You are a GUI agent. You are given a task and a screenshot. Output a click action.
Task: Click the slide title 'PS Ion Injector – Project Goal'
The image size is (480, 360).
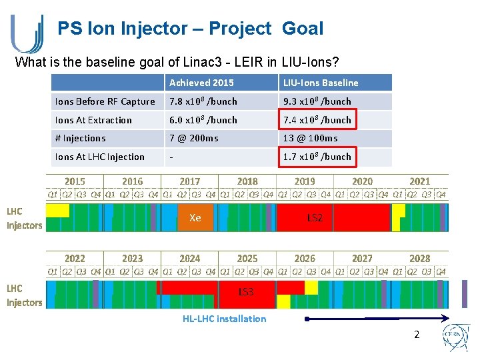point(190,29)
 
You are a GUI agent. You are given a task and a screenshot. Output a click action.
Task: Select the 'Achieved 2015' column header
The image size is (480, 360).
point(201,83)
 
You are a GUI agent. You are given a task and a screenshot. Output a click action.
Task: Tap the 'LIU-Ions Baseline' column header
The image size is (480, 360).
point(321,83)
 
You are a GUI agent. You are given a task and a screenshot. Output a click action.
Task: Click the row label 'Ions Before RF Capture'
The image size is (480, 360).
point(105,101)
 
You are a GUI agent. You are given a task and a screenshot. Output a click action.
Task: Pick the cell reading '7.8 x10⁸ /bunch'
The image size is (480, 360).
point(203,101)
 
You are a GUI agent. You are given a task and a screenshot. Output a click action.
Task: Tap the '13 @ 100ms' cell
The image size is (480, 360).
point(310,138)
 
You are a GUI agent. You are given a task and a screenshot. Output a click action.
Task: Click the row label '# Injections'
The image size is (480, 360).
point(80,138)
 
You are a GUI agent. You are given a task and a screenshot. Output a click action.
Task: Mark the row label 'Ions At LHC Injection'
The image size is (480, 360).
point(99,157)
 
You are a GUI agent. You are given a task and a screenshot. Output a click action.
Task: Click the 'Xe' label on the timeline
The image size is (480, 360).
point(195,218)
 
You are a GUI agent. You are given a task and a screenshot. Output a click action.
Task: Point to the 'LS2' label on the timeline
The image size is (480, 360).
point(315,218)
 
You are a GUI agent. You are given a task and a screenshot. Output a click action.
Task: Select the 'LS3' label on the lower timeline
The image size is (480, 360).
point(246,292)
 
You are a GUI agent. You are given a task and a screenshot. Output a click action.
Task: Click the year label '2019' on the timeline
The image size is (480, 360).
point(305,181)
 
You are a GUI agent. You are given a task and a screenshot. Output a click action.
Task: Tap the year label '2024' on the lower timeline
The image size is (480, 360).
point(190,258)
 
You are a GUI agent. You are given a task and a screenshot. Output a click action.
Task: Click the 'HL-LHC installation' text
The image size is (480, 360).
point(224,319)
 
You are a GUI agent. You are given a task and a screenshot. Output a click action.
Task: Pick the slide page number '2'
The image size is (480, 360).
point(417,335)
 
